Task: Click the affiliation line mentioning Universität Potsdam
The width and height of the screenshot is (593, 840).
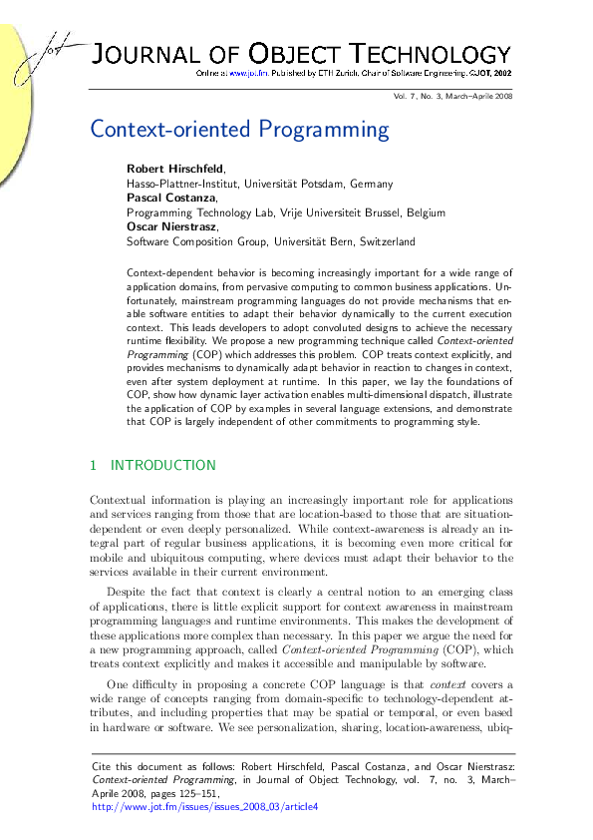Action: [x=259, y=183]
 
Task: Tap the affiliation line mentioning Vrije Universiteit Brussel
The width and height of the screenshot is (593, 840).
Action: [x=285, y=211]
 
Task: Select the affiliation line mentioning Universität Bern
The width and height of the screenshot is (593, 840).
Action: [x=270, y=241]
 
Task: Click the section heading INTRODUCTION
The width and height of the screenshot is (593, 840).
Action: [x=162, y=465]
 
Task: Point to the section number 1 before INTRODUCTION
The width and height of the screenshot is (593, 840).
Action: [x=94, y=465]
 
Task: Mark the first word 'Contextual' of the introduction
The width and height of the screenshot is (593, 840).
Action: [x=119, y=498]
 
